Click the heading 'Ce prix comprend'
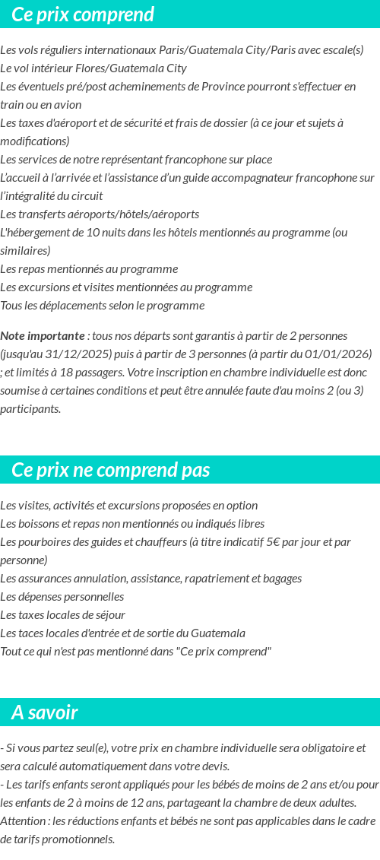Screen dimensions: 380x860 coord(83,14)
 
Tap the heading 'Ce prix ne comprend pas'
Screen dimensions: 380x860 coord(110,470)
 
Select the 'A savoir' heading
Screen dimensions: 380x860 coord(45,712)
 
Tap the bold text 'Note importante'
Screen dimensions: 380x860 coord(43,335)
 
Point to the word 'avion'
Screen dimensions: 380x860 coord(67,105)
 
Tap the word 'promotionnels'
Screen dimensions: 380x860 coord(78,839)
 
